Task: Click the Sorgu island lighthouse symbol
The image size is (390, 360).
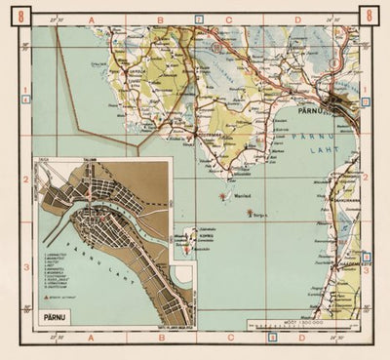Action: tap(253, 212)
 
